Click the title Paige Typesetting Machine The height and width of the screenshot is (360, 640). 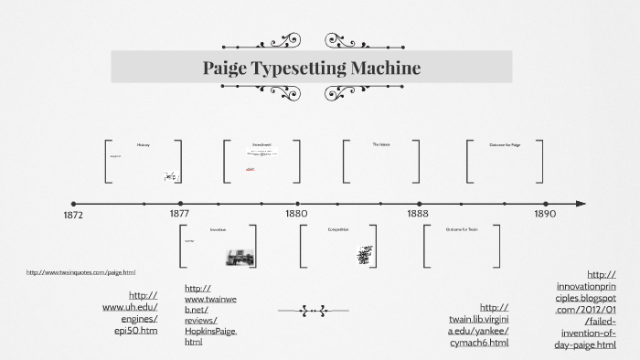coord(311,68)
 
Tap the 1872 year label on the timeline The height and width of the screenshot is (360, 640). coord(74,216)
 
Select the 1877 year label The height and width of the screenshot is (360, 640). coord(179,213)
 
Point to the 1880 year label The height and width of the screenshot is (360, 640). coord(295,213)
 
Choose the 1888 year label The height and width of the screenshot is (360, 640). coord(419,213)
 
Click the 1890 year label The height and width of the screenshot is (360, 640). coord(545,213)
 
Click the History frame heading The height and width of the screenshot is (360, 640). coord(143,145)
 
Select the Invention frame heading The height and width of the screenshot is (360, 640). coord(218,229)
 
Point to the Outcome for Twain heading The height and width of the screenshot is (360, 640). coord(462,229)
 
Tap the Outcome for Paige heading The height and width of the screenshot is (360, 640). coord(505,145)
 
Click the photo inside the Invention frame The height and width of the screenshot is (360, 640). coord(240,257)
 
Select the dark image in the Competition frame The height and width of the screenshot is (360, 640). coord(364,256)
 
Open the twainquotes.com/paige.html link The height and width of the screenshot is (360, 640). coord(80,272)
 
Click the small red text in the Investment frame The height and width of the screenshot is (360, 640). coord(250,169)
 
